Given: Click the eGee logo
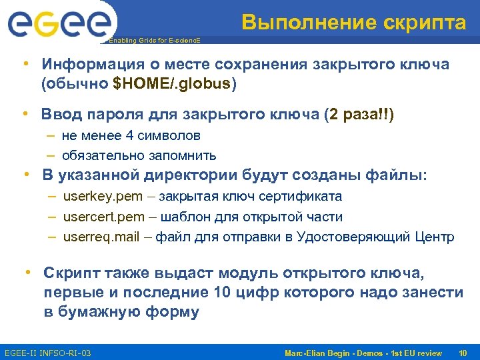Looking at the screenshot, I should (58, 25).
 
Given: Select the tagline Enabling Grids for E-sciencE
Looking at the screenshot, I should (154, 41).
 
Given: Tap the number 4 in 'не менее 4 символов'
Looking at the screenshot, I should (130, 136).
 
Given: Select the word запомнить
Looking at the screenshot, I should (183, 156).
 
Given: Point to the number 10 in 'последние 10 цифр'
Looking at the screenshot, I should (223, 293).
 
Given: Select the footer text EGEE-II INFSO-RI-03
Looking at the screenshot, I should (48, 352).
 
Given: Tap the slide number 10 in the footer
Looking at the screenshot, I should (462, 352).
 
